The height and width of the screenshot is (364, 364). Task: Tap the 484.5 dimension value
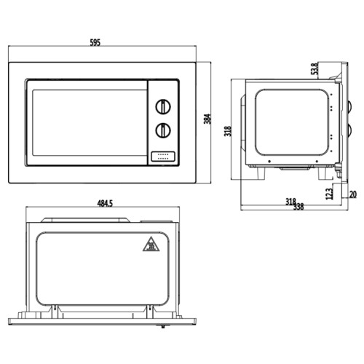[103, 203]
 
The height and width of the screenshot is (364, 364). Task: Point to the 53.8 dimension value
[314, 70]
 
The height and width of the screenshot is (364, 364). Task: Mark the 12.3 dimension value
[329, 193]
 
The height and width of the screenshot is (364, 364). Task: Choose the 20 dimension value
[353, 194]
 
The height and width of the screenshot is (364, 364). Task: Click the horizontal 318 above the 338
[290, 201]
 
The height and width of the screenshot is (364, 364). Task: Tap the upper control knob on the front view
[163, 105]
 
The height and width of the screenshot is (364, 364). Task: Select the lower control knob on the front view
[163, 130]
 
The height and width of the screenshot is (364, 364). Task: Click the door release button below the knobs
[162, 155]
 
